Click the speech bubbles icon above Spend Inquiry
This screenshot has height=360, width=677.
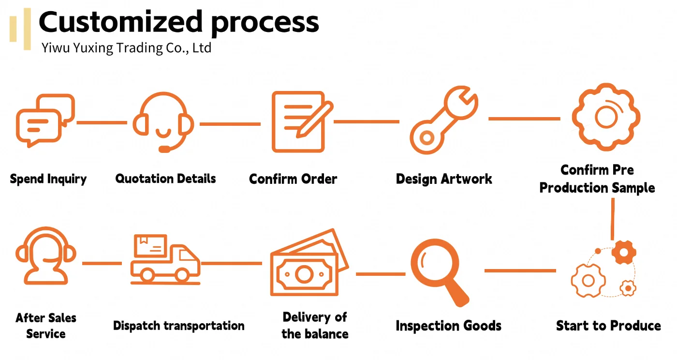[45, 120]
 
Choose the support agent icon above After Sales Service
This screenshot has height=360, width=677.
[46, 255]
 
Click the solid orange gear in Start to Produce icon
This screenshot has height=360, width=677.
[624, 252]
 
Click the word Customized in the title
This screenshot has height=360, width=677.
[120, 22]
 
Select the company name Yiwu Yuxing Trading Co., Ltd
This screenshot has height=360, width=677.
[126, 48]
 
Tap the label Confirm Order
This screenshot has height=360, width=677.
[293, 179]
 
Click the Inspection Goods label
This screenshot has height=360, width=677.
[449, 326]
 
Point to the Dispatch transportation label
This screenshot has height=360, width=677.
[178, 326]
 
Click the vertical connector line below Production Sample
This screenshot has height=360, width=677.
[613, 219]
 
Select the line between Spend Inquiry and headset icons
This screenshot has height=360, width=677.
[102, 122]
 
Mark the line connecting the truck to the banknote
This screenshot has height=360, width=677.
[232, 264]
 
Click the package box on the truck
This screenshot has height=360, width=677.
[150, 246]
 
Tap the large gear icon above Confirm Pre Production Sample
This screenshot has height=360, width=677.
[606, 117]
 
